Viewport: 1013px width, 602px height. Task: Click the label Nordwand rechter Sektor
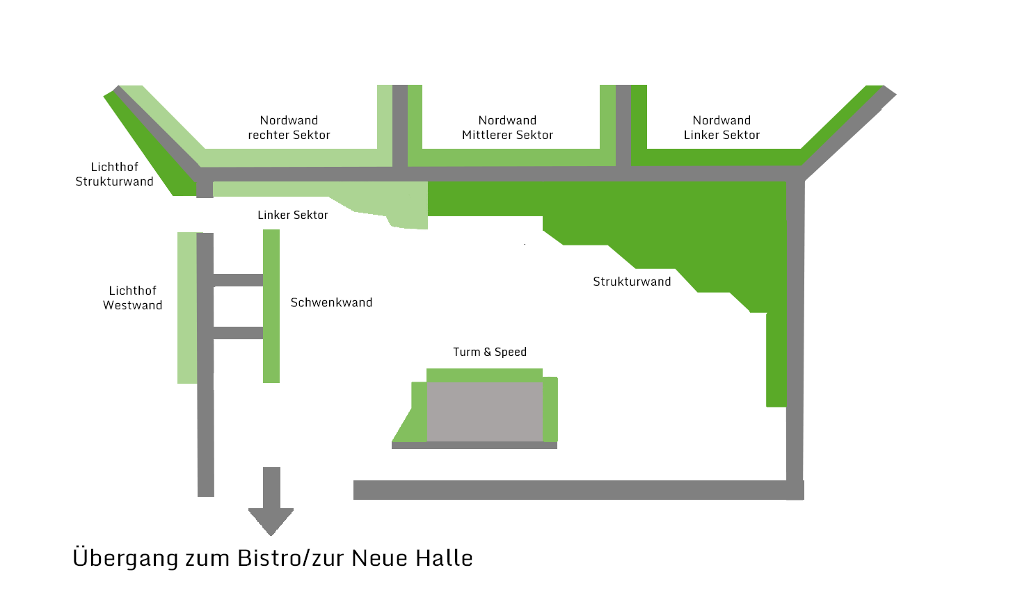[x=289, y=128]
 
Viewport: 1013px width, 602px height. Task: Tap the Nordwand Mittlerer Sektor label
[x=507, y=128]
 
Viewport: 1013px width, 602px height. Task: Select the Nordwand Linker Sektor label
[x=721, y=128]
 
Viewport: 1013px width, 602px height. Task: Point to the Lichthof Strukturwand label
[x=114, y=174]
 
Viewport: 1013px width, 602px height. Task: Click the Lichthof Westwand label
[x=132, y=298]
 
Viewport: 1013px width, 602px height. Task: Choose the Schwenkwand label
[x=331, y=302]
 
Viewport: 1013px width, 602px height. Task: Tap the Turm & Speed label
[x=490, y=352]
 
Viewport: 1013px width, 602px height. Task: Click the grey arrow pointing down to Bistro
[x=271, y=501]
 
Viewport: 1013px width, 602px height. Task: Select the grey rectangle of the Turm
[x=484, y=412]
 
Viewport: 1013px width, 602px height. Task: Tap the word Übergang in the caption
[x=125, y=558]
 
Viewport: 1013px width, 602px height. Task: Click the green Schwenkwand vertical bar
[x=271, y=306]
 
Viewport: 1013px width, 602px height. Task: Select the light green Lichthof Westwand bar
[x=187, y=307]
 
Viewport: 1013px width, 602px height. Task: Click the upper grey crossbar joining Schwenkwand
[x=238, y=280]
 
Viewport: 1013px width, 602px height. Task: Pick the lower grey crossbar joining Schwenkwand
[x=238, y=333]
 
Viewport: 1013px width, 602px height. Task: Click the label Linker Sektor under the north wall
[x=292, y=215]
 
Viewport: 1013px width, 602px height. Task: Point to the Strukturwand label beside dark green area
[x=632, y=282]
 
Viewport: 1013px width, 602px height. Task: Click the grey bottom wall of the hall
[x=571, y=490]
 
